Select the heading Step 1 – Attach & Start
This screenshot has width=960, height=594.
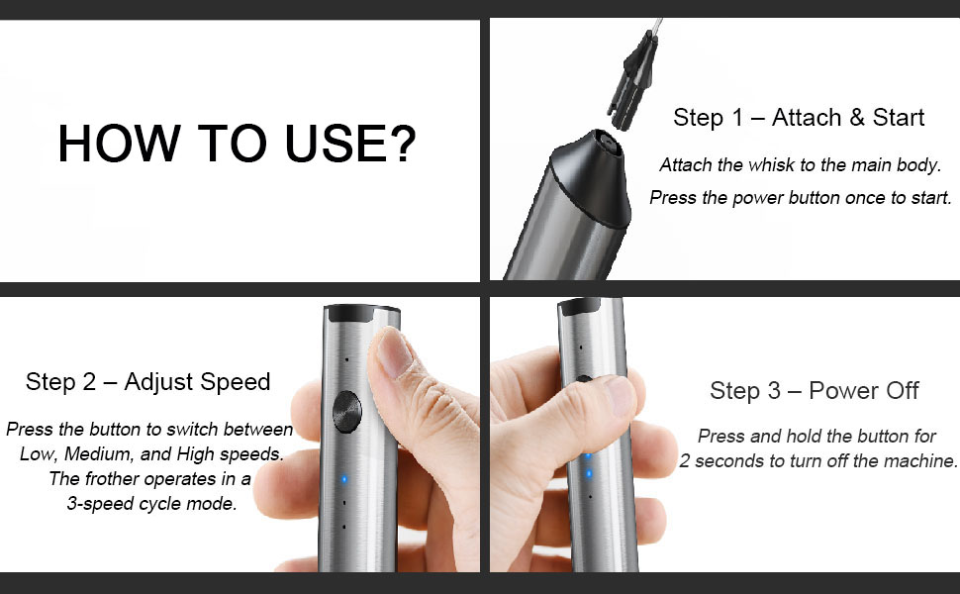(x=799, y=118)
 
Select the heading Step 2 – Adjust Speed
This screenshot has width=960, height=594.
(x=147, y=382)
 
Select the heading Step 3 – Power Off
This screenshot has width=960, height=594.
(x=814, y=390)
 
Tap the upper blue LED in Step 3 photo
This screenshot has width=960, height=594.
(x=587, y=457)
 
